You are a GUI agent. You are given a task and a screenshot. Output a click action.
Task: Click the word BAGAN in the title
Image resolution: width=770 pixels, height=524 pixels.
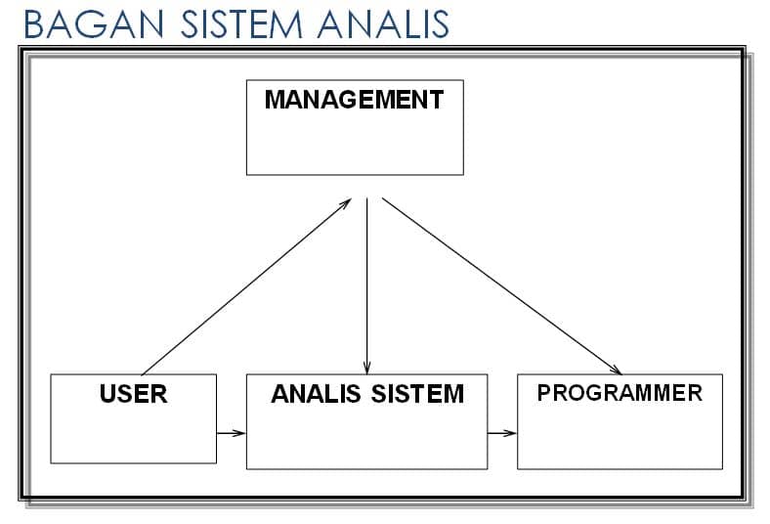pyautogui.click(x=94, y=24)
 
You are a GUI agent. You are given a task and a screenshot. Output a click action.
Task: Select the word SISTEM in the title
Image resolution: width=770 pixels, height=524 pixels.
pyautogui.click(x=241, y=24)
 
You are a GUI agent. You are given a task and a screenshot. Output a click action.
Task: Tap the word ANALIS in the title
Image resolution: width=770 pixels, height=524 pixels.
pyautogui.click(x=383, y=24)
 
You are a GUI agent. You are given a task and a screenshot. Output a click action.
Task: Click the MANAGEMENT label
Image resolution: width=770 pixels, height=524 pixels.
pyautogui.click(x=354, y=99)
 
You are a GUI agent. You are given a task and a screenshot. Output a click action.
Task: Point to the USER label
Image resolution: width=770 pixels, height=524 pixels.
pyautogui.click(x=134, y=394)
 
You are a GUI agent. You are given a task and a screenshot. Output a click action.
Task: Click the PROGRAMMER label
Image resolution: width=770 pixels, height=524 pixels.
pyautogui.click(x=620, y=393)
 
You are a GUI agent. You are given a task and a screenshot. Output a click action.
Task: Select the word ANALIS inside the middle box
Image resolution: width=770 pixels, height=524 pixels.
pyautogui.click(x=316, y=394)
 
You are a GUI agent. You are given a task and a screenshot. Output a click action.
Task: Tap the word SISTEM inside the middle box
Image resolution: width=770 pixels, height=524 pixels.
pyautogui.click(x=417, y=394)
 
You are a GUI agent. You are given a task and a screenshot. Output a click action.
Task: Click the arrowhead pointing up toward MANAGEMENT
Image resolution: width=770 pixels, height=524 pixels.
pyautogui.click(x=346, y=202)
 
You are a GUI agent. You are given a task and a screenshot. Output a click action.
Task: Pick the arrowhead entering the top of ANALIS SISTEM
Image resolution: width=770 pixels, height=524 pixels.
pyautogui.click(x=366, y=369)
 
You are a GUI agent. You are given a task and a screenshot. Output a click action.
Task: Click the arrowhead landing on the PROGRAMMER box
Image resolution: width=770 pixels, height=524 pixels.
pyautogui.click(x=617, y=371)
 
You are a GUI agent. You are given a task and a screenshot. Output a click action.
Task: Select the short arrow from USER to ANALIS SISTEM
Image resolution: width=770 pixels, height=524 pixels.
pyautogui.click(x=231, y=433)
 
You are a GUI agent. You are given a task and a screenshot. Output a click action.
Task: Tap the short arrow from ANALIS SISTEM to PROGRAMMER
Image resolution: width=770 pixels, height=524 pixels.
pyautogui.click(x=502, y=433)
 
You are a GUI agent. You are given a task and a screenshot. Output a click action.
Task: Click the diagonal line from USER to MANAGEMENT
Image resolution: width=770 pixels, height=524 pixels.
pyautogui.click(x=246, y=286)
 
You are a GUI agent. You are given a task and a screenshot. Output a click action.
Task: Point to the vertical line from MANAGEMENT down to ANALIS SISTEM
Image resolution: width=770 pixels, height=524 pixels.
pyautogui.click(x=366, y=286)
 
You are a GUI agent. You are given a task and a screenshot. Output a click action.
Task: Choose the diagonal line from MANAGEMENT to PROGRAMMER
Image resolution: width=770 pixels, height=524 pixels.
pyautogui.click(x=502, y=286)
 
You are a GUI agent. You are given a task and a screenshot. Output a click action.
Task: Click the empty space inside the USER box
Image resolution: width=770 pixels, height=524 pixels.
pyautogui.click(x=134, y=435)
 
